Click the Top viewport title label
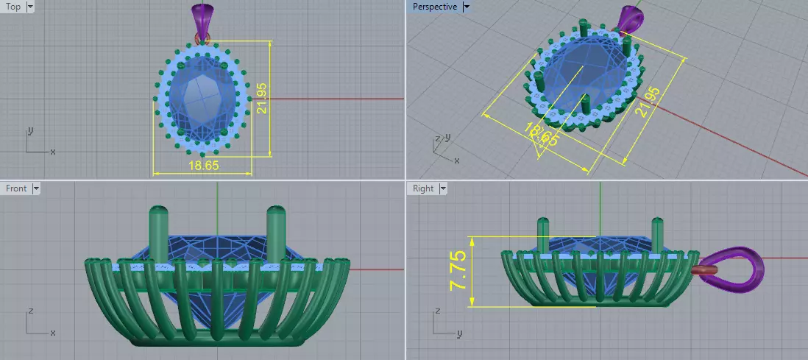coord(13,7)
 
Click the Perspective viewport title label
coord(434,7)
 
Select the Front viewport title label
coord(15,188)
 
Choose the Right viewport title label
coord(423,188)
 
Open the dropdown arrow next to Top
coord(29,7)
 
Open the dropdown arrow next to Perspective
coord(467,7)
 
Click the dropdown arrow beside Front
coord(35,188)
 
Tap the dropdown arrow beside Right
coord(443,188)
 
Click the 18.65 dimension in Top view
coord(203,166)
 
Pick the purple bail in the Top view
coord(202,17)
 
